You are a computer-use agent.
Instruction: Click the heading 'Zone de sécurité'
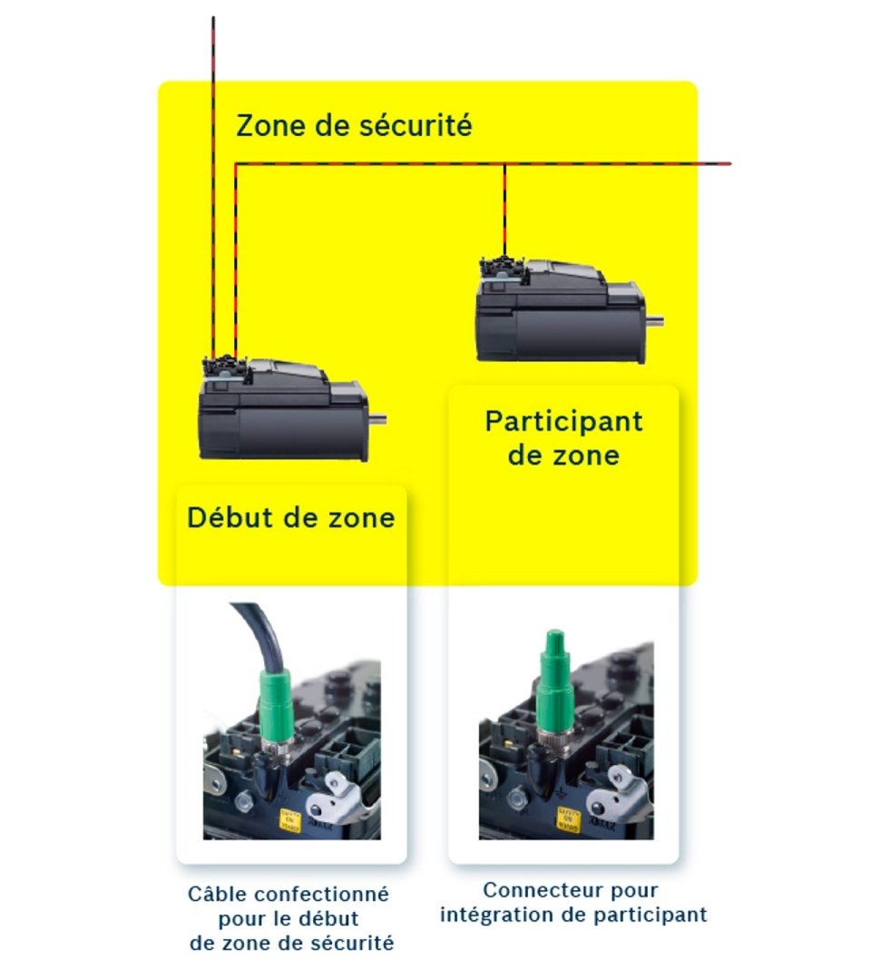(354, 125)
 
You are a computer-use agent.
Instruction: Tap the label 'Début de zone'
(290, 518)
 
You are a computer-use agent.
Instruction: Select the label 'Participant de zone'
(563, 436)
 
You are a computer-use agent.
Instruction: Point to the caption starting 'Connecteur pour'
(573, 902)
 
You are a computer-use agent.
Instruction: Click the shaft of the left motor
(377, 418)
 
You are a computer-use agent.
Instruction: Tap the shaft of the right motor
(654, 319)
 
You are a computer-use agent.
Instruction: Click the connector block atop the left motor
(222, 367)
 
